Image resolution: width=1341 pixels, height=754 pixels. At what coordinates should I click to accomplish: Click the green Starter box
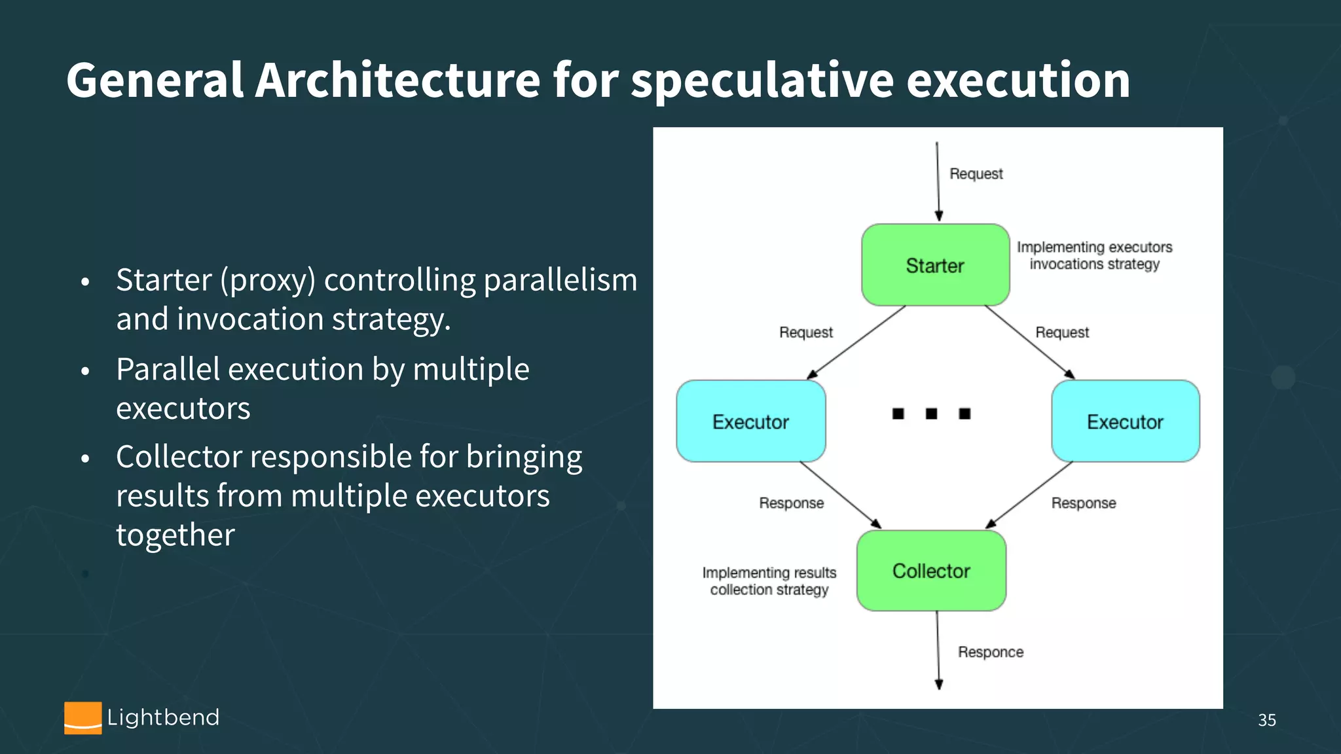coord(935,265)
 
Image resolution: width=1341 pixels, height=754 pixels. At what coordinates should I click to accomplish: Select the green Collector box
coord(931,571)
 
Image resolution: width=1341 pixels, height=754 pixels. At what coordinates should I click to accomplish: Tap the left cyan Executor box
coord(750,422)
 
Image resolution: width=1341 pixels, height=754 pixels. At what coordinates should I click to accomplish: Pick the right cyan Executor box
coord(1125,422)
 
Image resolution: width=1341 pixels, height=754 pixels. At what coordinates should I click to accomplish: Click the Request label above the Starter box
coord(976,173)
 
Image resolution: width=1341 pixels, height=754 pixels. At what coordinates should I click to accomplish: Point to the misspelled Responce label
coord(990,652)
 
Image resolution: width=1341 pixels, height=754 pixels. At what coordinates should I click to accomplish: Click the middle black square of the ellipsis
coord(931,414)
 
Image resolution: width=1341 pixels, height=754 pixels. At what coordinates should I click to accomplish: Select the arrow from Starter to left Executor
coord(856,342)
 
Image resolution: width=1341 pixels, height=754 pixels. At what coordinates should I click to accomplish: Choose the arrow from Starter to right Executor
coord(1029,342)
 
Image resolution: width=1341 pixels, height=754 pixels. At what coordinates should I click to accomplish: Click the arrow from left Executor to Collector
coord(840,495)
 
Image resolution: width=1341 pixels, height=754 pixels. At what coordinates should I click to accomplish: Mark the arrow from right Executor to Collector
coord(1029,495)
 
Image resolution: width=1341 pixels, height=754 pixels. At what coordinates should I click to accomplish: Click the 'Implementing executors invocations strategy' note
coord(1094,256)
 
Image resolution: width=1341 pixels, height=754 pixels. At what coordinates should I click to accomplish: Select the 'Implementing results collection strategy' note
coord(769,581)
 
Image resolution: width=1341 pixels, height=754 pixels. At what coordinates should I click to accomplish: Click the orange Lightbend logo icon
coord(83,718)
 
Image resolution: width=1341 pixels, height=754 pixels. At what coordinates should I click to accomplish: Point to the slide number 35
coord(1266,720)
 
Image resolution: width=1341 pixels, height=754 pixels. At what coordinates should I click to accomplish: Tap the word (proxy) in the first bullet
coord(267,280)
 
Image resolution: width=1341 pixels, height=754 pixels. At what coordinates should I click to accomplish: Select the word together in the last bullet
coord(175,535)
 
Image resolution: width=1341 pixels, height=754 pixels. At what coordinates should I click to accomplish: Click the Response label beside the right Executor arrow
coord(1083,503)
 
